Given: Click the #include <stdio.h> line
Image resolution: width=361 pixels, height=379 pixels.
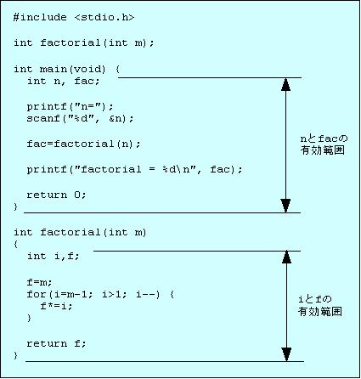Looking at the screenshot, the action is (x=74, y=18).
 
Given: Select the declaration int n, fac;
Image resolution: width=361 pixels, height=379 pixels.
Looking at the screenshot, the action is (x=63, y=82).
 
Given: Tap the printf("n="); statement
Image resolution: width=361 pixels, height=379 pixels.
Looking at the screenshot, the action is (x=70, y=107).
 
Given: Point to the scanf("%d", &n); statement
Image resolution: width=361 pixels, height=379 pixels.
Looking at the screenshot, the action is (x=80, y=118).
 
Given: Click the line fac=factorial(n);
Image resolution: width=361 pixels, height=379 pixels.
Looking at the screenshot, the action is (x=83, y=144).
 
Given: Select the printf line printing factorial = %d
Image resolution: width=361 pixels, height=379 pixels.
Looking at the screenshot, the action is (x=134, y=169).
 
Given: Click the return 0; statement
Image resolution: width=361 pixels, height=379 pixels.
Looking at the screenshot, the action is (x=56, y=195).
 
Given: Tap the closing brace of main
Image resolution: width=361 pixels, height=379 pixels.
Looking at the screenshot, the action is (x=16, y=206).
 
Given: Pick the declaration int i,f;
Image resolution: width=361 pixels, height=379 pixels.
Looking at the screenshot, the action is (x=54, y=257).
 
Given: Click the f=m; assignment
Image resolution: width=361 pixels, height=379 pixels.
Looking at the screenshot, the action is (x=39, y=282).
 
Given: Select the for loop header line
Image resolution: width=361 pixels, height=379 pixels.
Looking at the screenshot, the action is (x=100, y=295).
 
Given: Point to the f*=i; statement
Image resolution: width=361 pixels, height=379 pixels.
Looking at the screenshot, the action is (x=56, y=306).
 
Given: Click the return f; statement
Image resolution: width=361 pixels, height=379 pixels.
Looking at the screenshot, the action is (x=56, y=343).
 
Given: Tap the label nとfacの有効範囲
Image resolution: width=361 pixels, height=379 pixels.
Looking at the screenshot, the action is (x=324, y=144).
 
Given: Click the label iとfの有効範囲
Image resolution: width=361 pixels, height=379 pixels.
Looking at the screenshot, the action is (x=320, y=305).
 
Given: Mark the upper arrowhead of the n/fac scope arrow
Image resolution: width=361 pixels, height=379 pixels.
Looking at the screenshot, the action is (x=285, y=84).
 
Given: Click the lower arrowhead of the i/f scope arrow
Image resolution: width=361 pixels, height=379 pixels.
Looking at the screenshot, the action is (x=286, y=354).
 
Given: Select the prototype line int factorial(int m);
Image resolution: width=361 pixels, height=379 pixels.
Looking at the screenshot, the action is (x=84, y=43).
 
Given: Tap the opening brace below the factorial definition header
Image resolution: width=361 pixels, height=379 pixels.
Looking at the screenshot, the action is (x=16, y=244).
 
